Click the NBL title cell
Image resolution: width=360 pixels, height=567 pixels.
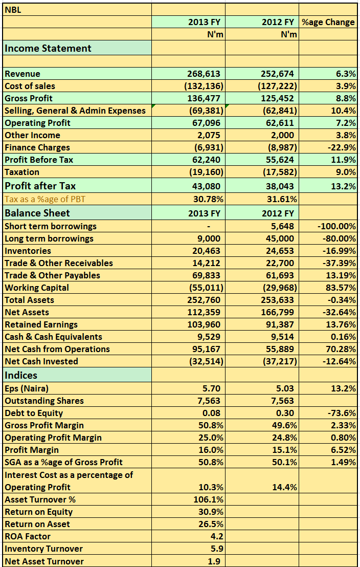[x=13, y=10]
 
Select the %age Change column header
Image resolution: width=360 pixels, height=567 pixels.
[x=328, y=22]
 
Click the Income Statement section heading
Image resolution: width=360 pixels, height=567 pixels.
[x=48, y=48]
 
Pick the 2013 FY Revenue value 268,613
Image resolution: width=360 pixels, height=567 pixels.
[x=204, y=74]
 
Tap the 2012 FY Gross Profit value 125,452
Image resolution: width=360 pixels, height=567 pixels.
[x=277, y=98]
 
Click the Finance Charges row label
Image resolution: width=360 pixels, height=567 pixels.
[x=37, y=147]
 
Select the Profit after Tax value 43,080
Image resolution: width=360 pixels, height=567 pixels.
[x=206, y=186]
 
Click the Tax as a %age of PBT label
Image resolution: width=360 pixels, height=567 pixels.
[x=45, y=199]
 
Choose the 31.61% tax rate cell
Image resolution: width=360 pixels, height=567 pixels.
[x=279, y=199]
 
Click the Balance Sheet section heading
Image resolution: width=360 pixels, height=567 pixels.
[x=37, y=213]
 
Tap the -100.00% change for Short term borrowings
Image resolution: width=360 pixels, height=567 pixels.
[x=337, y=226]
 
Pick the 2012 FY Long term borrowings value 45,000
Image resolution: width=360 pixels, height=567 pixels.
[x=280, y=238]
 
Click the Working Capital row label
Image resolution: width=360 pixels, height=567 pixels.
[x=36, y=288]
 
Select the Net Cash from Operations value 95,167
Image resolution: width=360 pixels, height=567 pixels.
[x=206, y=350]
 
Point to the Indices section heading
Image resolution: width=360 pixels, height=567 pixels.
[x=21, y=375]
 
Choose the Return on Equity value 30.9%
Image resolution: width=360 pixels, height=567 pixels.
[x=211, y=512]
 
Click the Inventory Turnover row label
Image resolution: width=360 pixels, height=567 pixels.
[x=44, y=549]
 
